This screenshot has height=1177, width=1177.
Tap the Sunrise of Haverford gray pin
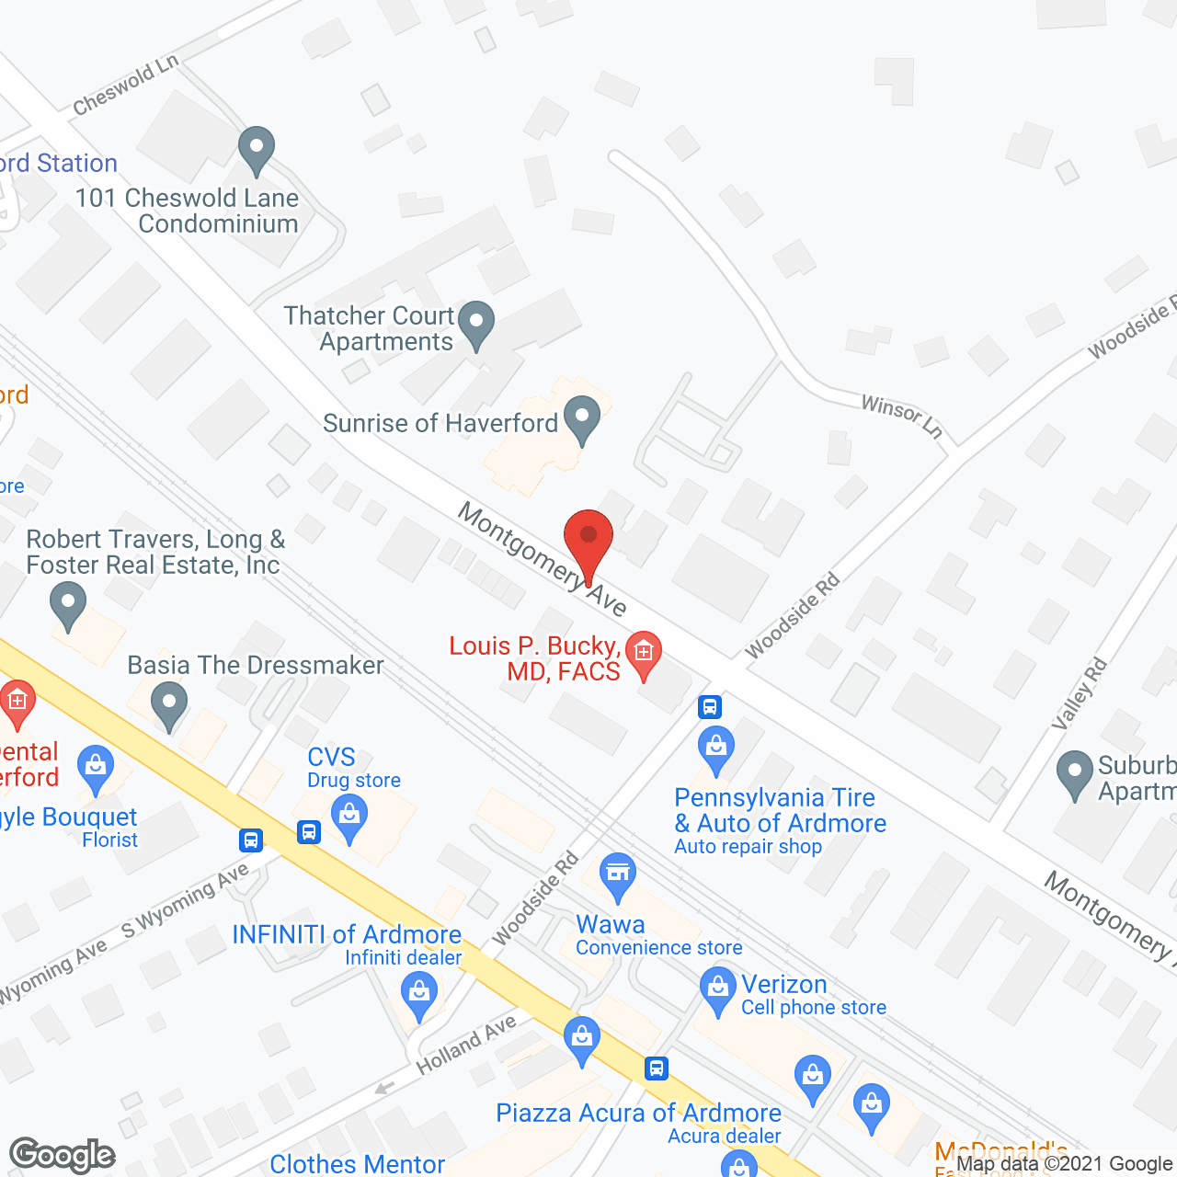tap(581, 418)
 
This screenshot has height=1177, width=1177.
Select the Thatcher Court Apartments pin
tap(476, 325)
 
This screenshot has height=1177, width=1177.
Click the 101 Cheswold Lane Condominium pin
tap(257, 149)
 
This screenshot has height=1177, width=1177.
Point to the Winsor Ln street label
tap(902, 417)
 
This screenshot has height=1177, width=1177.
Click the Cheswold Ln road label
tap(125, 86)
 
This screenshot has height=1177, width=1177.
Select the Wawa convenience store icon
tap(618, 875)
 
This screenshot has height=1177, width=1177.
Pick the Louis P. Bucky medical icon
tap(644, 654)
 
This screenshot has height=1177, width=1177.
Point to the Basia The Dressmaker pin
tap(169, 708)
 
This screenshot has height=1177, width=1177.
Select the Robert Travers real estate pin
tap(67, 608)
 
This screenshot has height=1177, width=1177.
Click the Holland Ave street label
tap(466, 1045)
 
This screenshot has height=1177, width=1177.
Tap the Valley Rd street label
tap(1080, 694)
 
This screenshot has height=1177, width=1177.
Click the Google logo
tap(63, 1155)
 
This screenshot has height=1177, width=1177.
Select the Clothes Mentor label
tap(357, 1164)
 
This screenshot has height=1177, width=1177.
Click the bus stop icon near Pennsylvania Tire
tap(709, 706)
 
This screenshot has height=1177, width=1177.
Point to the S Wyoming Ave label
tap(185, 900)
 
